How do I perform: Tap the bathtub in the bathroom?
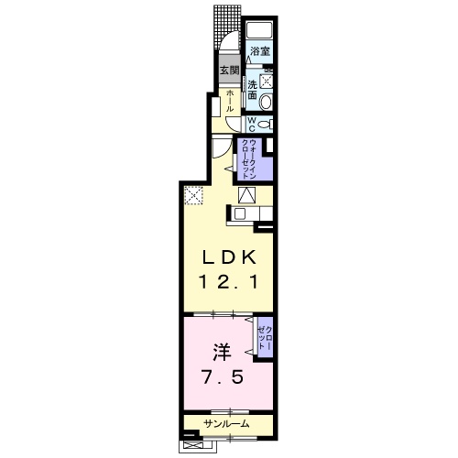pos(262,29)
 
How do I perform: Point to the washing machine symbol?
pos(265,79)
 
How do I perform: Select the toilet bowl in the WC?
pos(264,125)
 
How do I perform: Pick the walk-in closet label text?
pos(248,158)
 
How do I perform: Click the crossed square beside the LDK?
pos(193,194)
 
